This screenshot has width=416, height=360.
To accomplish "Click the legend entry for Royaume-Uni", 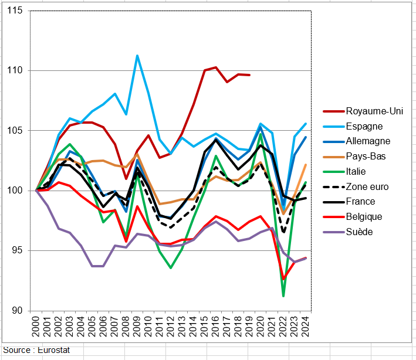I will (x=370, y=111).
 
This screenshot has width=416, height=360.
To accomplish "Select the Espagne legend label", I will (x=364, y=126).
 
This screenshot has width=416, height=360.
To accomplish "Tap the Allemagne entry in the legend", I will (x=368, y=141).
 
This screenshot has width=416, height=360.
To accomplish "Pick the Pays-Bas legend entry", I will (x=366, y=156).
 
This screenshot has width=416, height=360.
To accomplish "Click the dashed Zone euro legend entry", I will (x=367, y=186).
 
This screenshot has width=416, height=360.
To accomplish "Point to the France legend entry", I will (x=361, y=202).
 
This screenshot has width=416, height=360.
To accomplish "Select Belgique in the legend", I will (x=364, y=216).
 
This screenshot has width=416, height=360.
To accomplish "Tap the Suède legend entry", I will (x=359, y=232).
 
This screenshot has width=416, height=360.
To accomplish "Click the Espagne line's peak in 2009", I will (x=137, y=56).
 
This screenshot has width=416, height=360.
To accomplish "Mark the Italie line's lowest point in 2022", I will (x=283, y=296).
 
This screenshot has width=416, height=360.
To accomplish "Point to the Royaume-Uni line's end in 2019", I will (x=249, y=75).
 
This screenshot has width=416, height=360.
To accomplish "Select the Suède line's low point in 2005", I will (x=92, y=266).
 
